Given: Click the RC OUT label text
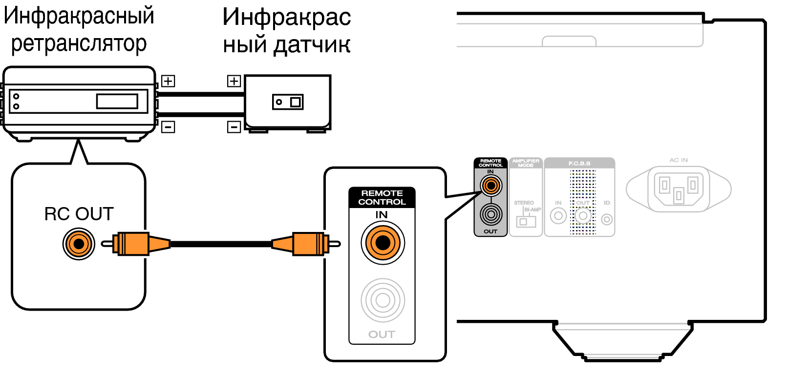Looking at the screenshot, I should pyautogui.click(x=79, y=214).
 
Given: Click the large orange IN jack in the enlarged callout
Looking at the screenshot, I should pyautogui.click(x=383, y=243).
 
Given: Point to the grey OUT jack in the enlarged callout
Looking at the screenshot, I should pyautogui.click(x=383, y=300).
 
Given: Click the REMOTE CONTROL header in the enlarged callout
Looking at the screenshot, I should pyautogui.click(x=382, y=197).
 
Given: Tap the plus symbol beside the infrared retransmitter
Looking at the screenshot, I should pyautogui.click(x=168, y=81).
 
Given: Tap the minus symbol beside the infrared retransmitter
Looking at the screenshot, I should pyautogui.click(x=168, y=127).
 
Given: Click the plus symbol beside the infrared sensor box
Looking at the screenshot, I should pyautogui.click(x=234, y=81).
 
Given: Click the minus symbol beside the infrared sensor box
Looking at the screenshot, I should pyautogui.click(x=234, y=127).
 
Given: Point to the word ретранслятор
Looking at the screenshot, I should pyautogui.click(x=79, y=43).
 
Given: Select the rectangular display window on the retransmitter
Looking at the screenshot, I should pyautogui.click(x=117, y=101).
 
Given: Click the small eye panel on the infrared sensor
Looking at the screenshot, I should pyautogui.click(x=288, y=102).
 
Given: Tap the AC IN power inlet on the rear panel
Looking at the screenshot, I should pyautogui.click(x=679, y=188).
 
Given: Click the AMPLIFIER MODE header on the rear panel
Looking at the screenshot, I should pyautogui.click(x=526, y=163).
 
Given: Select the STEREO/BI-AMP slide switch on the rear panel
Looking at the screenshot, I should pyautogui.click(x=526, y=221).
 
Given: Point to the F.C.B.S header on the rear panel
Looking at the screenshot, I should pyautogui.click(x=579, y=163).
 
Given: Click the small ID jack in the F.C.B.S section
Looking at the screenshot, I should pyautogui.click(x=607, y=219).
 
